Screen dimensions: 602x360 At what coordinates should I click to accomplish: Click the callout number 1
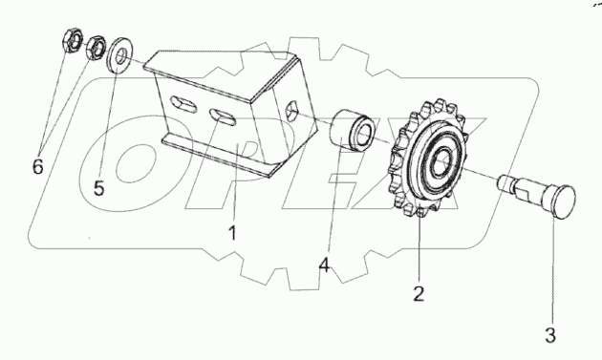point(232,233)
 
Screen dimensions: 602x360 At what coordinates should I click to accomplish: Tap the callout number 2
point(419,293)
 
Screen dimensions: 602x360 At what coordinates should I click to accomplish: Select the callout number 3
point(550,335)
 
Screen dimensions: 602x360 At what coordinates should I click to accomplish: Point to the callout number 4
point(325,265)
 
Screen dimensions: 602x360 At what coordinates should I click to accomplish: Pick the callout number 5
point(98,188)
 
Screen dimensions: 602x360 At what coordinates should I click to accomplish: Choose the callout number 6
point(37,166)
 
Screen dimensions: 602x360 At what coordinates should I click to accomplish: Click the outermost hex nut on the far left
point(73,40)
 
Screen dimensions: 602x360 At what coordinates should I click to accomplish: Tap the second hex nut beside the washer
point(95,48)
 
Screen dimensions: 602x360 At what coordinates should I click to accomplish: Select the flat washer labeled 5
point(119,54)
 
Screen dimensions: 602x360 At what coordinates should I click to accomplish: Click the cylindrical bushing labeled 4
point(353,131)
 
